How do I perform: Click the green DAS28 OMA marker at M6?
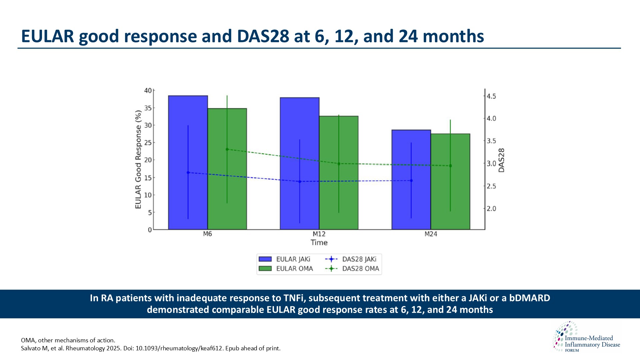pos(227,149)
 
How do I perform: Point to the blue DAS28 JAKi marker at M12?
pos(300,182)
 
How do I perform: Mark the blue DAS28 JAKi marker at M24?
pos(411,181)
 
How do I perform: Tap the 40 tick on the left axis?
pos(148,91)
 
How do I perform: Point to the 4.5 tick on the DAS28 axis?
pos(491,96)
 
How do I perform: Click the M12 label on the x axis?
pos(319,234)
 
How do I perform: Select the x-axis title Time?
pos(319,243)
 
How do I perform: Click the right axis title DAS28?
pos(501,160)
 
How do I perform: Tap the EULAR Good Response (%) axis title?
pos(138,160)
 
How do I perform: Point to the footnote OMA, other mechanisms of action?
pos(68,340)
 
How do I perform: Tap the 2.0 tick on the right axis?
pos(491,209)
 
